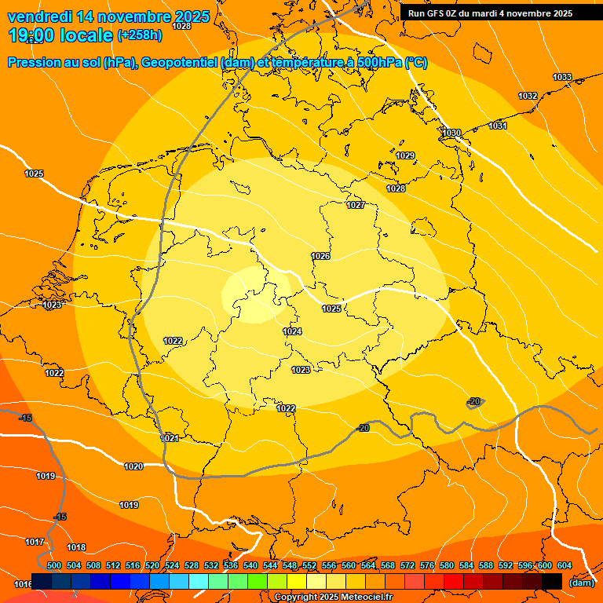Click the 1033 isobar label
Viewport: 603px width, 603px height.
point(562,77)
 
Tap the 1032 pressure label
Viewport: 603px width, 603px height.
point(528,96)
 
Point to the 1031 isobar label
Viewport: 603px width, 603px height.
point(498,126)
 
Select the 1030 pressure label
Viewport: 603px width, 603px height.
point(451,133)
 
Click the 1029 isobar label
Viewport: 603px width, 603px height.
point(405,155)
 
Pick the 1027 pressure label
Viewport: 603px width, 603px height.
point(356,205)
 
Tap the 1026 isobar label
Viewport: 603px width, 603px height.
point(320,257)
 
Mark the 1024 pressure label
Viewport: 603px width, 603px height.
point(292,331)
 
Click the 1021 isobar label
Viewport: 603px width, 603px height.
point(170,439)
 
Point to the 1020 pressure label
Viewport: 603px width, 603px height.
point(133,466)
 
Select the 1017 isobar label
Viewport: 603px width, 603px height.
point(35,543)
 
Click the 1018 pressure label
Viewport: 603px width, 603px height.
point(76,547)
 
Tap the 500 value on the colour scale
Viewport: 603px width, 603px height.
point(54,565)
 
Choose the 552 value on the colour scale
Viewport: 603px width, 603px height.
point(309,565)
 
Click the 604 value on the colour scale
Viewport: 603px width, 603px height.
point(565,565)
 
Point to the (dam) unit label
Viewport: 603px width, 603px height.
point(581,582)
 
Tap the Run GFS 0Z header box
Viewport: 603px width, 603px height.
point(491,13)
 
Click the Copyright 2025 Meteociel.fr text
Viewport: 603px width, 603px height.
point(334,598)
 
